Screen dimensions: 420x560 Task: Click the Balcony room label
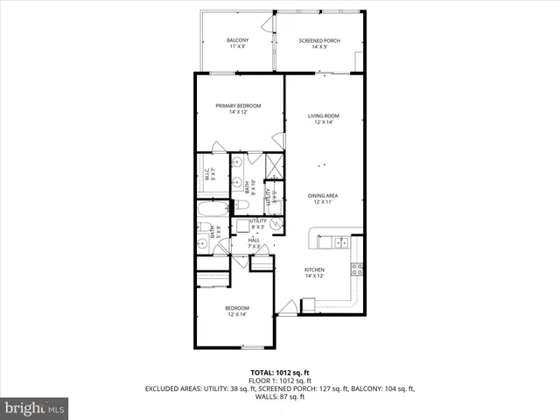pyautogui.click(x=237, y=40)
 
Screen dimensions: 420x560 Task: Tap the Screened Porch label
pyautogui.click(x=318, y=40)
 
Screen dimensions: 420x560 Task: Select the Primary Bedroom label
pyautogui.click(x=239, y=105)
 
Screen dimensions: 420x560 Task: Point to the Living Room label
pyautogui.click(x=323, y=115)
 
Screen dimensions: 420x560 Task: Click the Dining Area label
pyautogui.click(x=323, y=195)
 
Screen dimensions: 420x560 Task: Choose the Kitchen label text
pyautogui.click(x=314, y=269)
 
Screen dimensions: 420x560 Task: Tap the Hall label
pyautogui.click(x=254, y=240)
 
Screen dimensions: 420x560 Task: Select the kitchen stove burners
pyautogui.click(x=357, y=269)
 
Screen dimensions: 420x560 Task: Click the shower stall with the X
pyautogui.click(x=274, y=165)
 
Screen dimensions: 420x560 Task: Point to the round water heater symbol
pyautogui.click(x=276, y=224)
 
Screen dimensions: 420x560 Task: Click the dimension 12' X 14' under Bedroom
pyautogui.click(x=237, y=314)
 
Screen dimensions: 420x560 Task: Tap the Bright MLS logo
pyautogui.click(x=34, y=408)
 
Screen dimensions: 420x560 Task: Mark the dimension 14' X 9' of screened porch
pyautogui.click(x=318, y=47)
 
